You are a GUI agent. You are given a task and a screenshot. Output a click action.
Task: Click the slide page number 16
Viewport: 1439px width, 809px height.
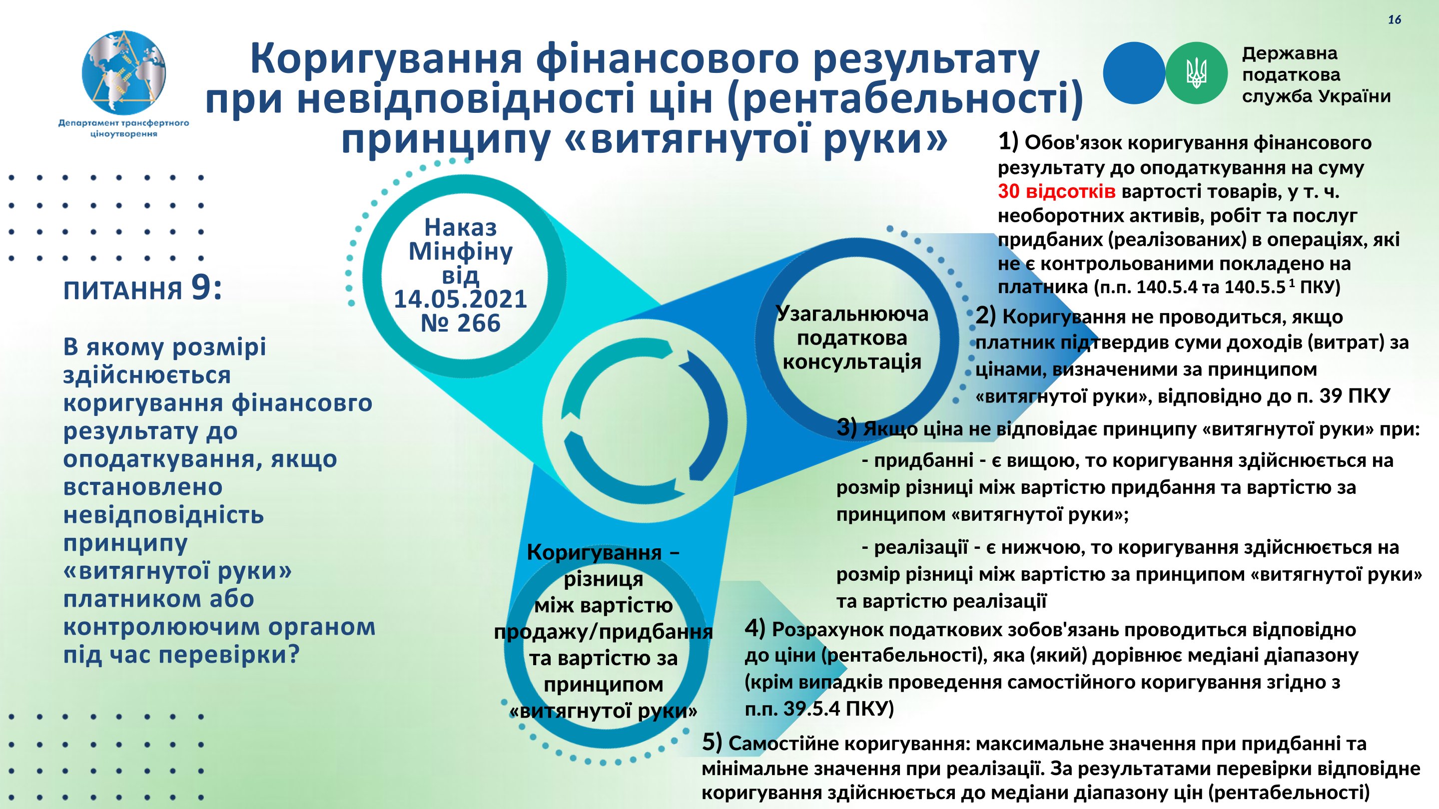(x=1395, y=20)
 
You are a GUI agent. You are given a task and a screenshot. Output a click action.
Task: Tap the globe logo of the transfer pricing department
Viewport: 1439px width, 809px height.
(x=123, y=72)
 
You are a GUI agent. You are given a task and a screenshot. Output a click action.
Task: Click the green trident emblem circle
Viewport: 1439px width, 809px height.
(x=1196, y=73)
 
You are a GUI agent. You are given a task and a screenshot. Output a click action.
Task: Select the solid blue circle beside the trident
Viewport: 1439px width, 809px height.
(x=1134, y=73)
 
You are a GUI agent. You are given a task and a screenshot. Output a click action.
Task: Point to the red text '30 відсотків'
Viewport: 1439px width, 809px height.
(x=1057, y=191)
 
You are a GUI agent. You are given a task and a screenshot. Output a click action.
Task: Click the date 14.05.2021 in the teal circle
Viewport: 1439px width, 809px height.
(x=460, y=299)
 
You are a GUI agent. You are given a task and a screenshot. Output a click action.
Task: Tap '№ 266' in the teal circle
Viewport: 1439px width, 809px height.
(x=460, y=323)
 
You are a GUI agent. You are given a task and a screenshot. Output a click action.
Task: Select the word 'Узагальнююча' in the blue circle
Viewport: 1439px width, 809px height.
(x=852, y=314)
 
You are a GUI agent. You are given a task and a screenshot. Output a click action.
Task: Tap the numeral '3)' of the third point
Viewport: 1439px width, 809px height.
(x=847, y=427)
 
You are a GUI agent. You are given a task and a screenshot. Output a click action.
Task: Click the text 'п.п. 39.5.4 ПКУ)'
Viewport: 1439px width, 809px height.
(x=819, y=708)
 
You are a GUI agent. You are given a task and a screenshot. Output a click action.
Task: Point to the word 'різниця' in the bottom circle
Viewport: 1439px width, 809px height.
(x=603, y=579)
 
